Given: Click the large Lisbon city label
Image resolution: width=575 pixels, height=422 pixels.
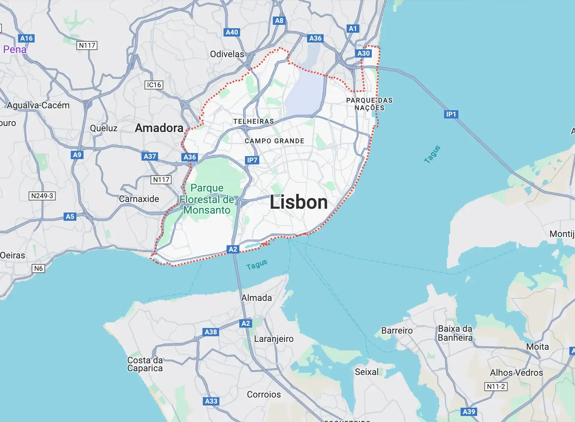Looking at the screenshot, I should point(299,202).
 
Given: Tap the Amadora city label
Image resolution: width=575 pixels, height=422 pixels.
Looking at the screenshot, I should point(159,128).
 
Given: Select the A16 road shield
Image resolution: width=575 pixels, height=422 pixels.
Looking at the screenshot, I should point(26,38).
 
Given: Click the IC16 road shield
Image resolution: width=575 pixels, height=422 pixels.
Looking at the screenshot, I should point(154,85).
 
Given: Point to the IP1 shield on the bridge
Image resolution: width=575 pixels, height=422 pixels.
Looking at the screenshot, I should point(451,114).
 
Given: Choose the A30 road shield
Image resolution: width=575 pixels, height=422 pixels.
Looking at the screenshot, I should point(364,53).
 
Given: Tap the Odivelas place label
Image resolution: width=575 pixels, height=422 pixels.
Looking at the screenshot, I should point(227,54).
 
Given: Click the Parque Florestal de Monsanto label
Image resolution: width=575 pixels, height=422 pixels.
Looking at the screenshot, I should point(207,199).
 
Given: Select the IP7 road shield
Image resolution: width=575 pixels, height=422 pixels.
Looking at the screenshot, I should point(252,160).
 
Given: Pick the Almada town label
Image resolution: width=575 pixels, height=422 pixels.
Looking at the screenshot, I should point(257,298).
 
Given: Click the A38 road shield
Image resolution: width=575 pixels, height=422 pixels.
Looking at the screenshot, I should point(211,332).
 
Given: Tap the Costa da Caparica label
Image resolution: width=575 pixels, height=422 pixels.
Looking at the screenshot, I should point(145,364).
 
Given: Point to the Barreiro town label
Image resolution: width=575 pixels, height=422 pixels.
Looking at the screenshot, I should point(397,331).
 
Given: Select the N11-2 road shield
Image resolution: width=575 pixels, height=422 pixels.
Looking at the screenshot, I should point(496,386).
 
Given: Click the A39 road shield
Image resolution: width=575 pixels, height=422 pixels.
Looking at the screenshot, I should point(469,411).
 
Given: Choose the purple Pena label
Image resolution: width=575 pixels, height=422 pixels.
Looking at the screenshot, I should point(15,49).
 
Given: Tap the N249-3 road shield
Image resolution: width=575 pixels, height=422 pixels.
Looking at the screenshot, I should point(42,196).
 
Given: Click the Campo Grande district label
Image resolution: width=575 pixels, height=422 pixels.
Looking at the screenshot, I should point(274,141).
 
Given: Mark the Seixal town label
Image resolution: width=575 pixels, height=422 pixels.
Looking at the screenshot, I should point(367,372).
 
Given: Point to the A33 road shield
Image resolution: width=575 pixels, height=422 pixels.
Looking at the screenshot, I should point(211,401).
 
